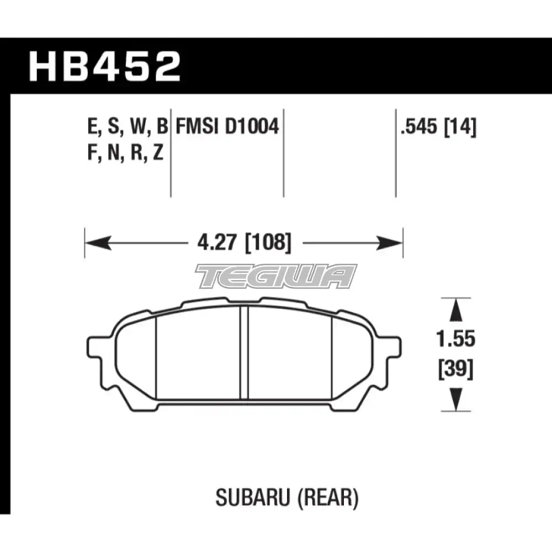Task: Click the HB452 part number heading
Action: [x=105, y=66]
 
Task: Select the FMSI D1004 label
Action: [x=227, y=128]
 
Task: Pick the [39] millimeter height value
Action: [x=455, y=369]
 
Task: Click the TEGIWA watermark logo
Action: [x=276, y=276]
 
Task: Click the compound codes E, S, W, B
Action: [x=126, y=128]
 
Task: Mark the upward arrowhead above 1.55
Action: [x=455, y=310]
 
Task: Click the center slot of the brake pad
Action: [x=243, y=353]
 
